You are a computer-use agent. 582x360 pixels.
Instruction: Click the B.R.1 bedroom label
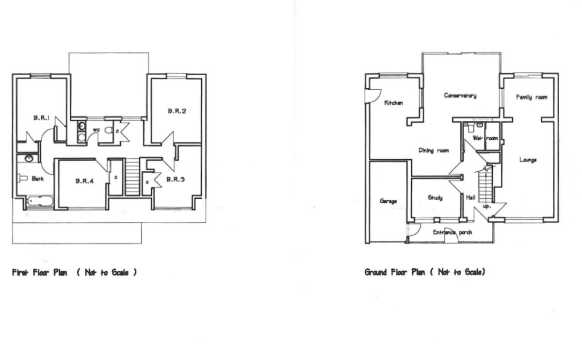point(41,118)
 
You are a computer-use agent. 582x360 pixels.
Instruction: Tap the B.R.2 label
point(177,111)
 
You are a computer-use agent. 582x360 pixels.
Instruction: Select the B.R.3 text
point(176,180)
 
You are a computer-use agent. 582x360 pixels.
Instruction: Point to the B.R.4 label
point(84,181)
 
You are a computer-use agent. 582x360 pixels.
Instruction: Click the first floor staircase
point(132,177)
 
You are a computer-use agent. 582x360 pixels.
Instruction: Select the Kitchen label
point(394,103)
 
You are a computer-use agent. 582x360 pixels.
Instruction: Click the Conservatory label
point(460,96)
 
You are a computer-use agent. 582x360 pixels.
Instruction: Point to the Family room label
point(532,98)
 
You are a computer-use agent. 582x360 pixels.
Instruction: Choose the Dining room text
point(434,151)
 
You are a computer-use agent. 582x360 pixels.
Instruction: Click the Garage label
point(388,201)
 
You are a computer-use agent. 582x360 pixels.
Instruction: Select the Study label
point(435,198)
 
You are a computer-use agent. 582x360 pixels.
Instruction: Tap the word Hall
point(471,198)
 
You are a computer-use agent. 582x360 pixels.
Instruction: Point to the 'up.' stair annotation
point(487,206)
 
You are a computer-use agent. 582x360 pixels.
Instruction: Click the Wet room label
point(485,138)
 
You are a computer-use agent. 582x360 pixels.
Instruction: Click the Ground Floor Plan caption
point(424,272)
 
